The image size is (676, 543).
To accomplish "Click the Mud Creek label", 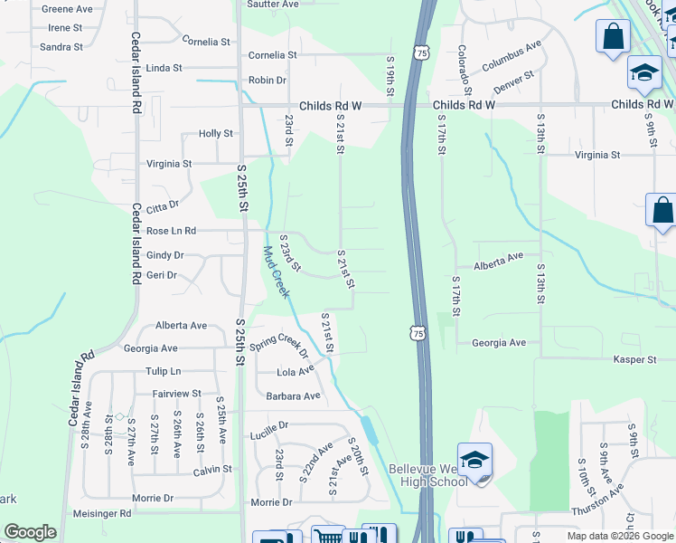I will pyautogui.click(x=277, y=272).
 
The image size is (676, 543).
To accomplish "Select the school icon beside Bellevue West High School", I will pyautogui.click(x=475, y=461).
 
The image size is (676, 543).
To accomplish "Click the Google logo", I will pyautogui.click(x=30, y=532).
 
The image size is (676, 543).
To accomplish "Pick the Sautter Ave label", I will pyautogui.click(x=273, y=5).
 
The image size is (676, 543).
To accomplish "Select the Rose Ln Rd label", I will pyautogui.click(x=171, y=232).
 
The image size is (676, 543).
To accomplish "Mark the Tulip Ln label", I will pyautogui.click(x=163, y=371).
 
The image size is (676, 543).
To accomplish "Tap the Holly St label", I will pyautogui.click(x=216, y=134).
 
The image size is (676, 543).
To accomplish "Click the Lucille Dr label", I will pyautogui.click(x=270, y=424).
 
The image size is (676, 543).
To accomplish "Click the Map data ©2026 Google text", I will pyautogui.click(x=621, y=536).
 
